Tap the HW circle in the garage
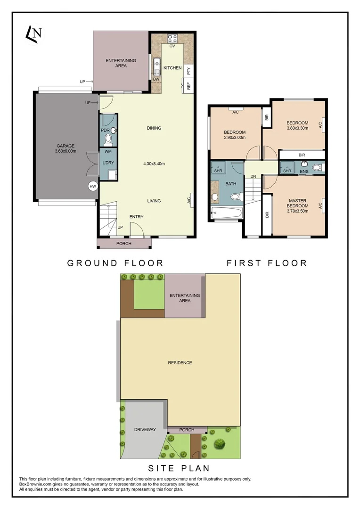[93, 186]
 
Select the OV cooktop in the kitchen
[172, 39]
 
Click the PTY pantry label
[188, 71]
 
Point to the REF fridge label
[188, 86]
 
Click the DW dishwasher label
[156, 79]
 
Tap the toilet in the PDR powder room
[108, 139]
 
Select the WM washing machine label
[108, 151]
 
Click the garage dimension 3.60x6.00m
[65, 151]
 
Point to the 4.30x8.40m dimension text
[154, 164]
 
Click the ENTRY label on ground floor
[137, 217]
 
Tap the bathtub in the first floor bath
[227, 213]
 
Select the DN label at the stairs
[253, 176]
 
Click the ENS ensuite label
[304, 172]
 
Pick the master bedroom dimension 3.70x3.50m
[298, 211]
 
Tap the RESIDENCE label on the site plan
[180, 362]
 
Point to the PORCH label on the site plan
[187, 430]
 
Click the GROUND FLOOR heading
[115, 263]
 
